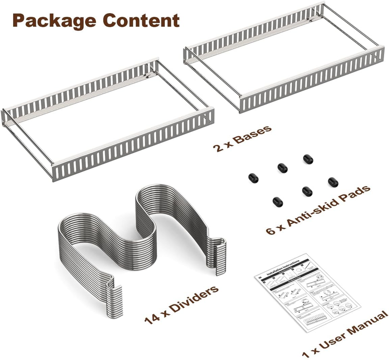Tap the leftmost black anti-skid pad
[252, 178]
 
